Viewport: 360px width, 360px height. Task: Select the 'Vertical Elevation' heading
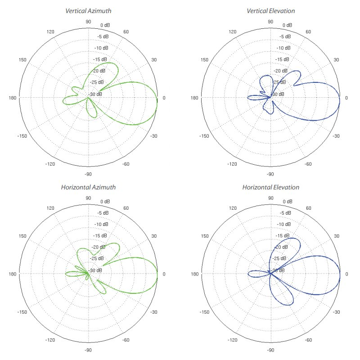point(270,10)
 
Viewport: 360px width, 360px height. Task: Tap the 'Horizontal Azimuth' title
point(88,187)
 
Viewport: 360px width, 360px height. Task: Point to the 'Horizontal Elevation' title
point(270,187)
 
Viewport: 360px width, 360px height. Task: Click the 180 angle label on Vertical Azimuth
point(13,98)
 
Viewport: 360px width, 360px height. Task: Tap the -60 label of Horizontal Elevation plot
point(309,340)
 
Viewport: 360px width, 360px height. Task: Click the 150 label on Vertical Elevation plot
point(205,60)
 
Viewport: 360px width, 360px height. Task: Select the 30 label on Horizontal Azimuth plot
point(154,236)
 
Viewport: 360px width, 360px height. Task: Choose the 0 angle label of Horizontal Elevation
point(346,274)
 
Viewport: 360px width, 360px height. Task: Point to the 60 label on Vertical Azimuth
point(126,32)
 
